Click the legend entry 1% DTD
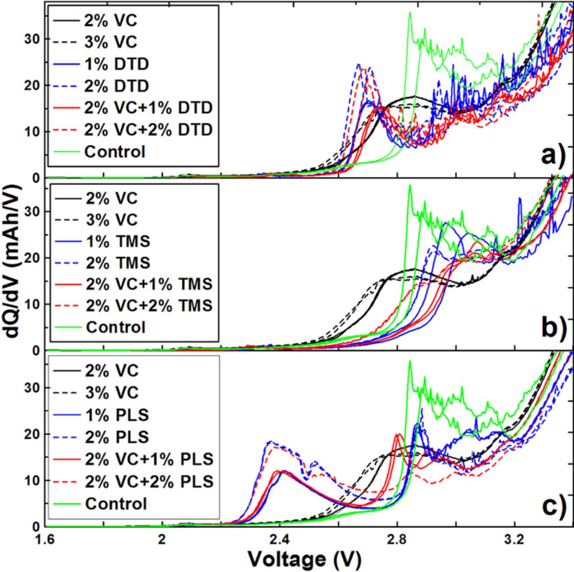tap(116, 64)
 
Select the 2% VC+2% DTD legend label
tap(148, 130)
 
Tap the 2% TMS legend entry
tap(118, 262)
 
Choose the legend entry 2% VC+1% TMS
tap(149, 284)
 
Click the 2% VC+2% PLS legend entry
tap(149, 481)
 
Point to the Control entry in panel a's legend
tap(115, 152)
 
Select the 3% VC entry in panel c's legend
tap(111, 393)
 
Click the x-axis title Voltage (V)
tap(304, 558)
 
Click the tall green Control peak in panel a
tap(409, 13)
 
